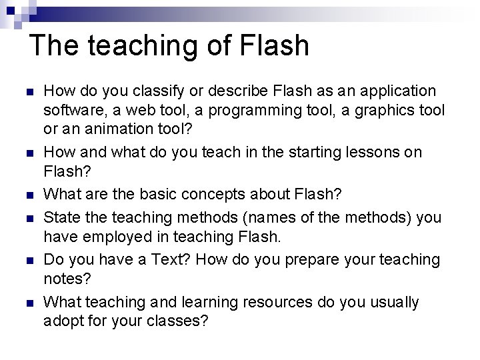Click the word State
[60, 217]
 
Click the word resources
[279, 303]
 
